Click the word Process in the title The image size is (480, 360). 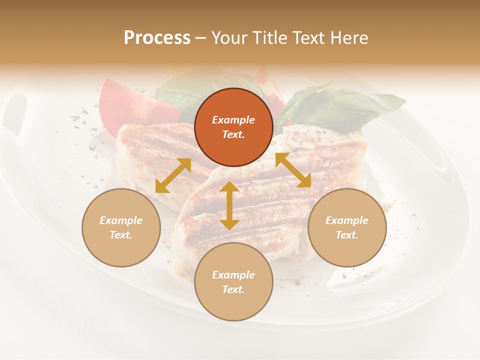(x=157, y=38)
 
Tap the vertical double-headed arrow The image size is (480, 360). (x=229, y=205)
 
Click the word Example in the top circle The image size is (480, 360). (x=233, y=120)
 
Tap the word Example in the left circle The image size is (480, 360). (x=121, y=220)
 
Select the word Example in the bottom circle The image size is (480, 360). (x=233, y=275)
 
